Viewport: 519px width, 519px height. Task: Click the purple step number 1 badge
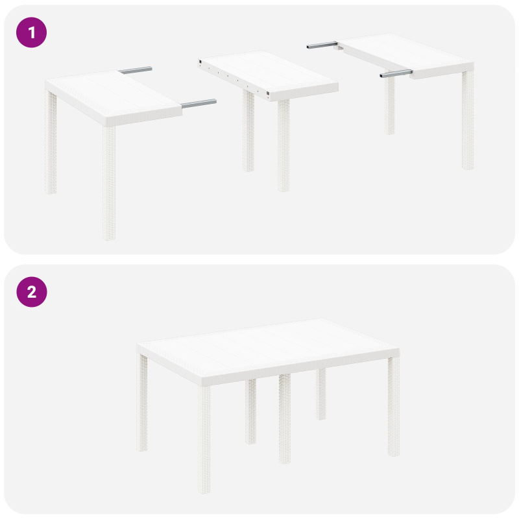[x=31, y=32]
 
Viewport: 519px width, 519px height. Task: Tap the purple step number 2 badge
[x=31, y=292]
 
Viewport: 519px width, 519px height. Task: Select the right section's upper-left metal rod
[x=322, y=45]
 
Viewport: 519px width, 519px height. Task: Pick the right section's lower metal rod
[x=396, y=74]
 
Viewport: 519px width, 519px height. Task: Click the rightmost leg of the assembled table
[x=393, y=405]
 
